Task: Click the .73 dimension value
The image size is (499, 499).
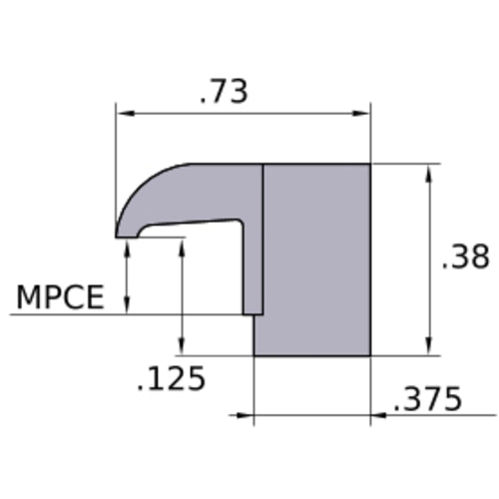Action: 224,92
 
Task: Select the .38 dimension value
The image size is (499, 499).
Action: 466,256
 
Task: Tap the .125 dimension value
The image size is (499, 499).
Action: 172,378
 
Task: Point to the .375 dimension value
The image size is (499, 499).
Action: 428,398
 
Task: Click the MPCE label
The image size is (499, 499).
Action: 60,297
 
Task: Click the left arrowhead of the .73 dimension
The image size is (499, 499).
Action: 126,114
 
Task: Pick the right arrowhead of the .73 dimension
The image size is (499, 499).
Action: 361,114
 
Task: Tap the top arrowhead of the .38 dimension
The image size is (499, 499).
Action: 429,174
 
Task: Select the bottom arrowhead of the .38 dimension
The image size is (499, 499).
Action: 429,346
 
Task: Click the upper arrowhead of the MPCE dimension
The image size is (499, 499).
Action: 127,248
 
